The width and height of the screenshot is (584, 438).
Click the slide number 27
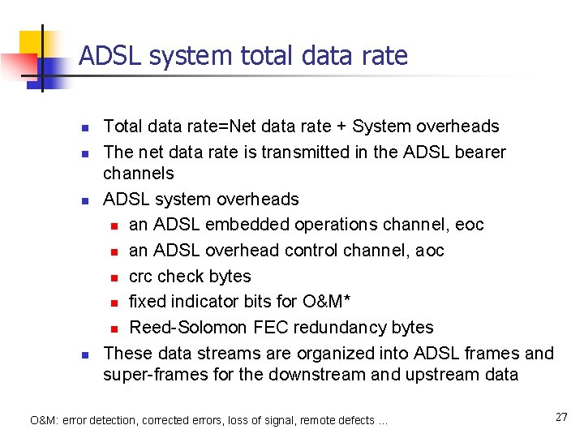pyautogui.click(x=561, y=417)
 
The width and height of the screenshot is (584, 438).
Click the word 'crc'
pyautogui.click(x=142, y=277)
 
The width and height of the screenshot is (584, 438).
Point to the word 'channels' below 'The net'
pyautogui.click(x=139, y=174)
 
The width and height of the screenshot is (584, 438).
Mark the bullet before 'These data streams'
pyautogui.click(x=84, y=354)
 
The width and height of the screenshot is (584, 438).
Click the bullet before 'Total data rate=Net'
pyautogui.click(x=84, y=127)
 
